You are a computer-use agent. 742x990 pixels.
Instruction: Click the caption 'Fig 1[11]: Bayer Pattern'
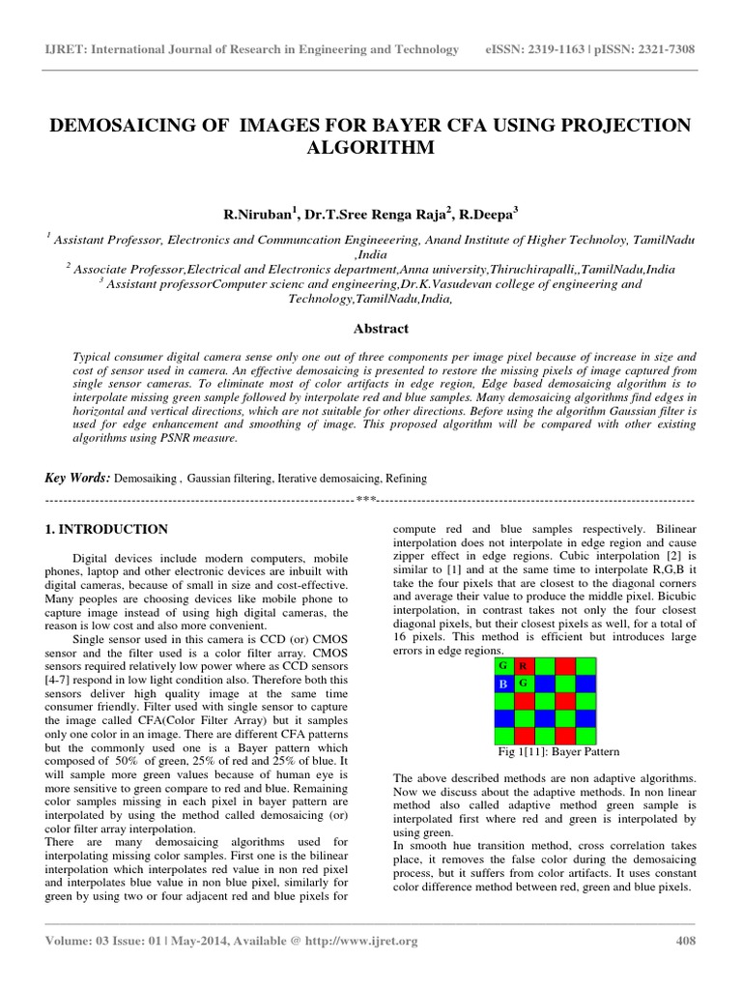point(556,751)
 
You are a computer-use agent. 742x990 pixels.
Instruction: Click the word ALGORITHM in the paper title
point(370,148)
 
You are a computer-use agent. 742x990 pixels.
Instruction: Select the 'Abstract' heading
point(380,329)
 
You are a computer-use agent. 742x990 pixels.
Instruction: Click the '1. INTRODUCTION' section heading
point(107,530)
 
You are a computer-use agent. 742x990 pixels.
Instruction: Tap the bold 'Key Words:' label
point(78,478)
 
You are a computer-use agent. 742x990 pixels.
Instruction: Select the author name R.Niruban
point(258,215)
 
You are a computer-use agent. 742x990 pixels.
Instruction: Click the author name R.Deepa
point(489,215)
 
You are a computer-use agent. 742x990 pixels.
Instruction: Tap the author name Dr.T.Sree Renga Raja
point(374,215)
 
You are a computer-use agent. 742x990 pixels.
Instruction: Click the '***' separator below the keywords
point(365,500)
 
